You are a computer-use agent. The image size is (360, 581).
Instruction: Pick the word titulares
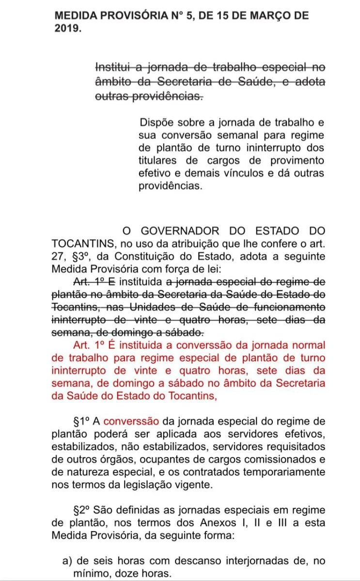[x=157, y=160]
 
